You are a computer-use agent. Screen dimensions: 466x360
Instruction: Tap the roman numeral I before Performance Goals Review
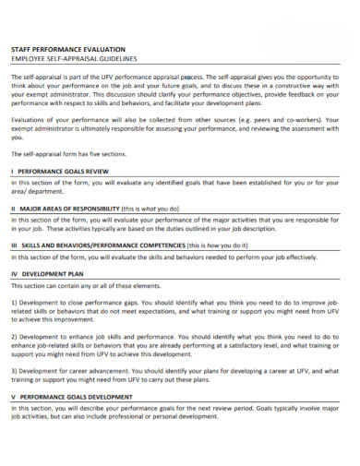tap(12, 172)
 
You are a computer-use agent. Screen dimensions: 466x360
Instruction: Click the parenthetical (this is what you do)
tap(153, 209)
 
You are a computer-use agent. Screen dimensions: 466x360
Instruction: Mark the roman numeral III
tap(14, 245)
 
